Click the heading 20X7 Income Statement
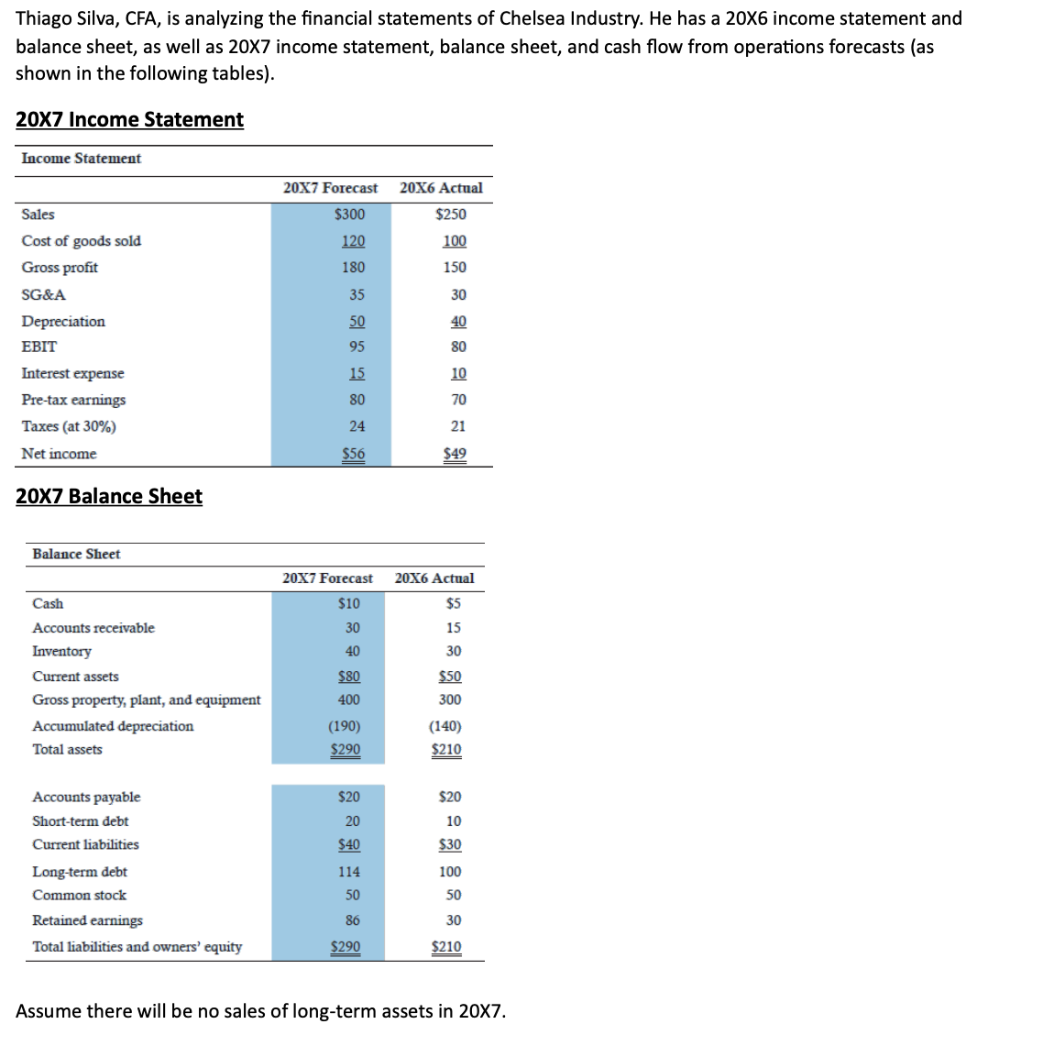pyautogui.click(x=129, y=120)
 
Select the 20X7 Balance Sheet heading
pyautogui.click(x=109, y=496)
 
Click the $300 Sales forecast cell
pyautogui.click(x=349, y=215)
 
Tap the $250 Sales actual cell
pyautogui.click(x=450, y=215)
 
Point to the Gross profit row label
pyautogui.click(x=60, y=268)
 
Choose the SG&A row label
pyautogui.click(x=44, y=295)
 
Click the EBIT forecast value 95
pyautogui.click(x=357, y=347)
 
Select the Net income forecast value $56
pyautogui.click(x=353, y=454)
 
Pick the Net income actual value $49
pyautogui.click(x=454, y=454)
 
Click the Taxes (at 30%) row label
pyautogui.click(x=69, y=426)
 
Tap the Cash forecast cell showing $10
pyautogui.click(x=349, y=603)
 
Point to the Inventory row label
pyautogui.click(x=61, y=652)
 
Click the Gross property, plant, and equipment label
pyautogui.click(x=146, y=700)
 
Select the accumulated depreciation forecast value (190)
pyautogui.click(x=345, y=726)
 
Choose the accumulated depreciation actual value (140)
pyautogui.click(x=445, y=726)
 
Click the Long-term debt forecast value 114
pyautogui.click(x=349, y=872)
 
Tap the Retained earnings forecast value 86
pyautogui.click(x=353, y=920)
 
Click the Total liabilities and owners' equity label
pyautogui.click(x=137, y=947)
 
